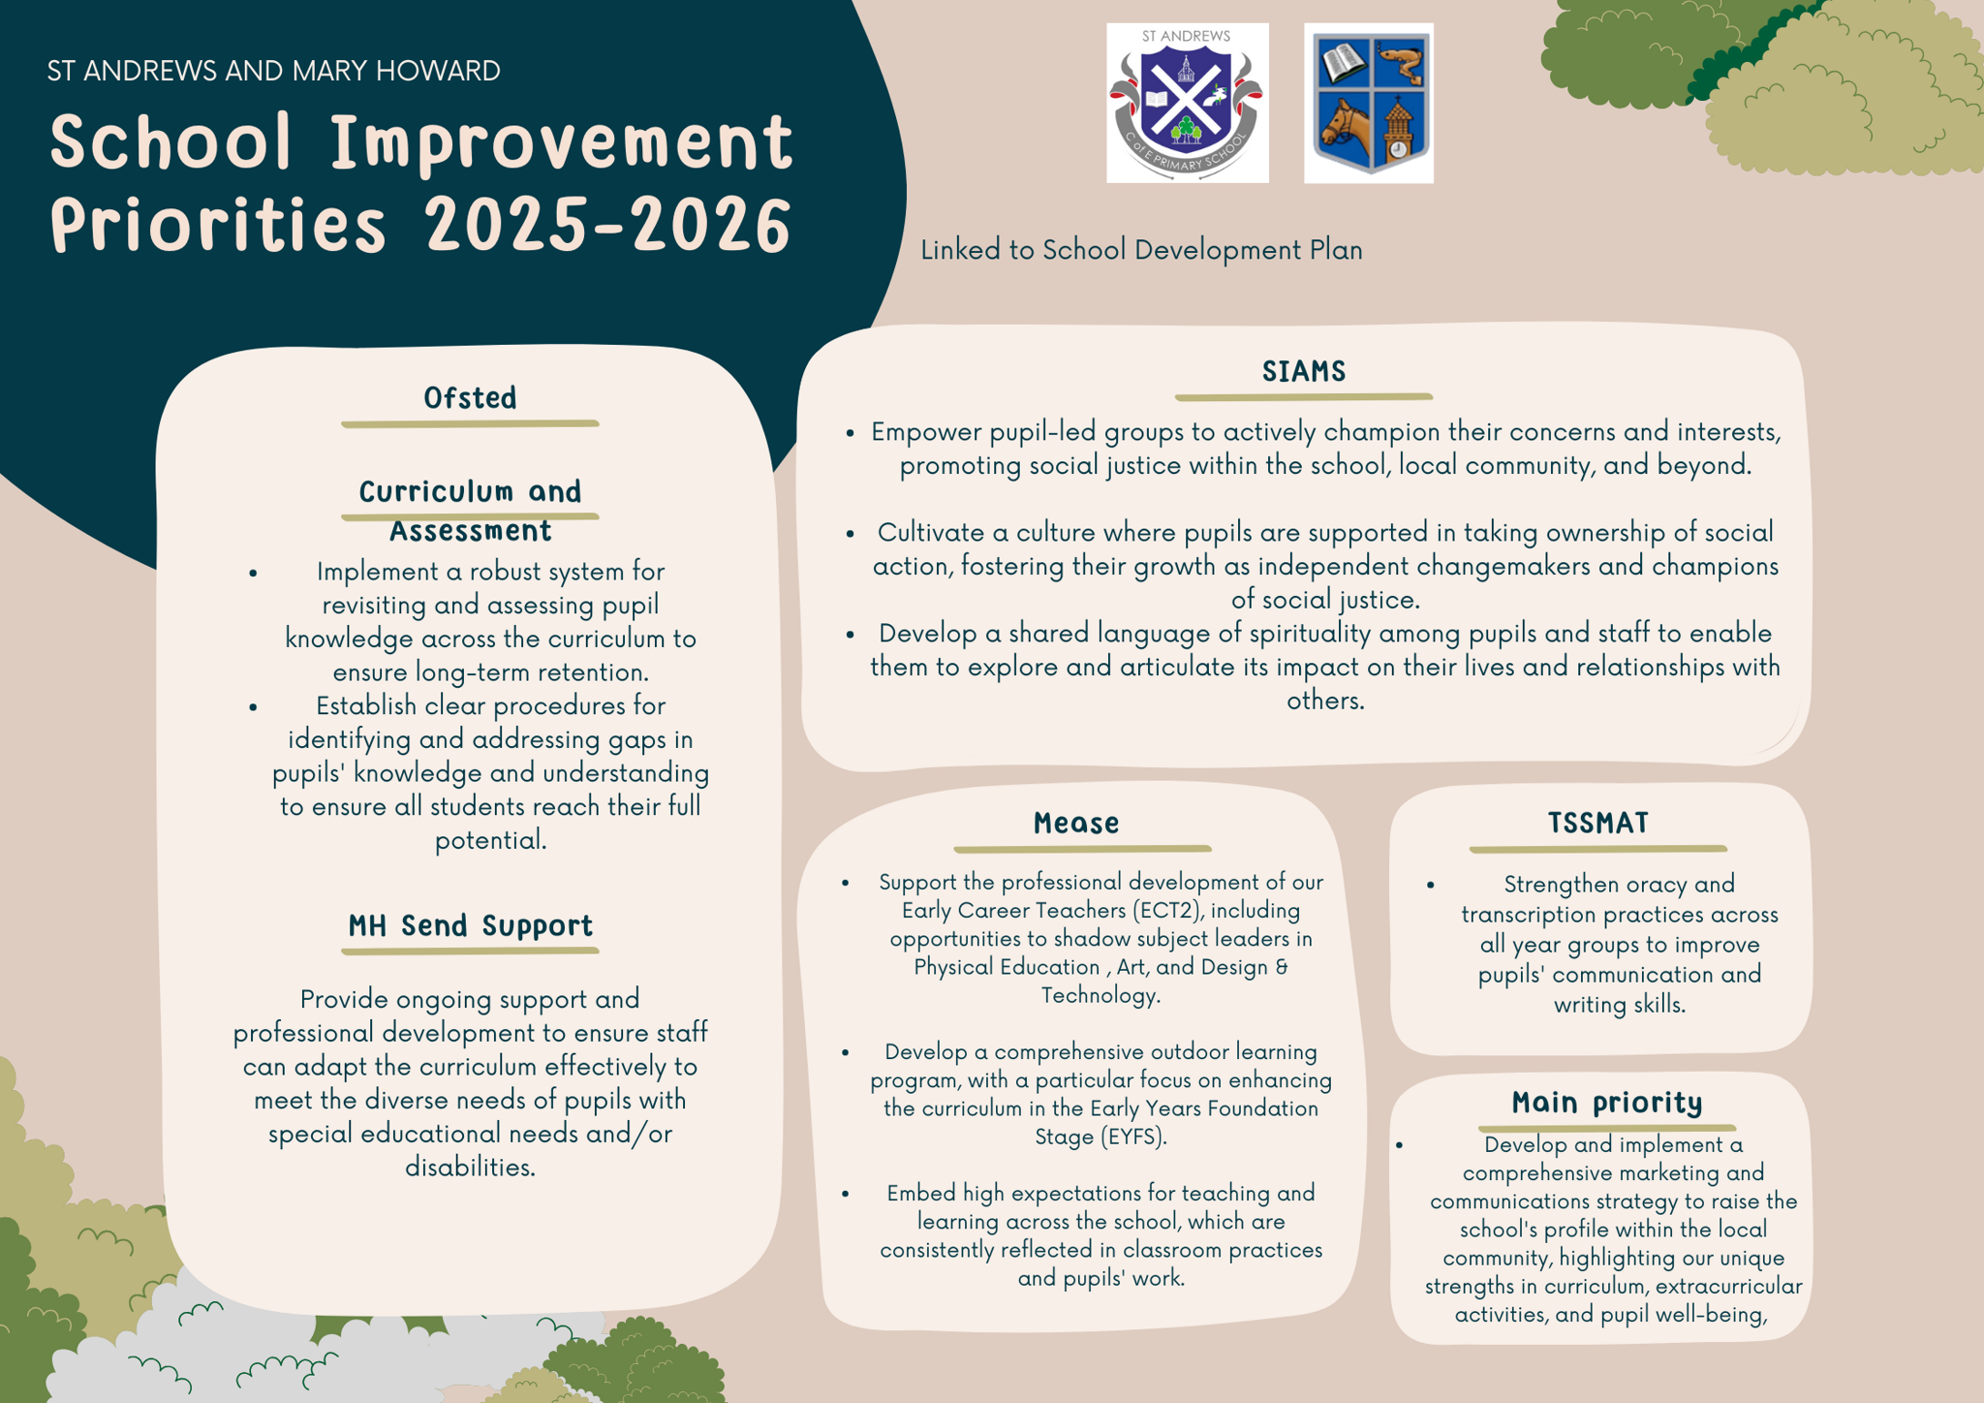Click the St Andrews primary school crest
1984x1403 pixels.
click(1188, 103)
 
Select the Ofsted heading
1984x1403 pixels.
click(470, 397)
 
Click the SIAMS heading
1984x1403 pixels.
click(1304, 371)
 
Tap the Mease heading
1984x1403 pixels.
click(1076, 823)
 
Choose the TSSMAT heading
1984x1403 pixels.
click(1597, 823)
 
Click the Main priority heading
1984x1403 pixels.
click(1607, 1103)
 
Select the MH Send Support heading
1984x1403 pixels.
click(470, 925)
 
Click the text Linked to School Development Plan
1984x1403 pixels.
click(1141, 250)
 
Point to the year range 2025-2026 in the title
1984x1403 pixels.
click(608, 225)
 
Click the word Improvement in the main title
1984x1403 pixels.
click(562, 141)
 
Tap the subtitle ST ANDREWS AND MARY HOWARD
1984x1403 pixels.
click(273, 71)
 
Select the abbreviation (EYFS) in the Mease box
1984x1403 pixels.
click(1131, 1136)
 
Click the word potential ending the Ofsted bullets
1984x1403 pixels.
click(490, 840)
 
